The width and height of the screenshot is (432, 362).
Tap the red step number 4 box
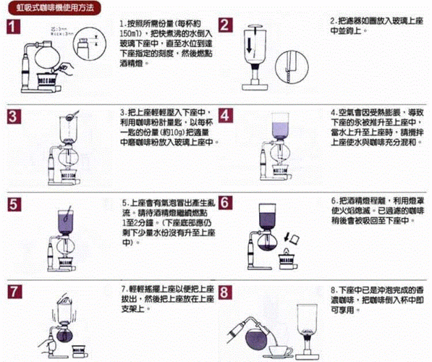pyautogui.click(x=226, y=117)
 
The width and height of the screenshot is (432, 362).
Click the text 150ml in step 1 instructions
pyautogui.click(x=132, y=34)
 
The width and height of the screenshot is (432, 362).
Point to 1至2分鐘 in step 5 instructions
pyautogui.click(x=132, y=226)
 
